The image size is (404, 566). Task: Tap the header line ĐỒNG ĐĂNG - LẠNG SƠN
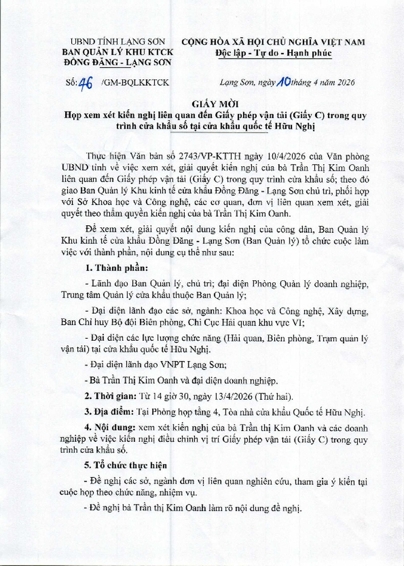point(116,62)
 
